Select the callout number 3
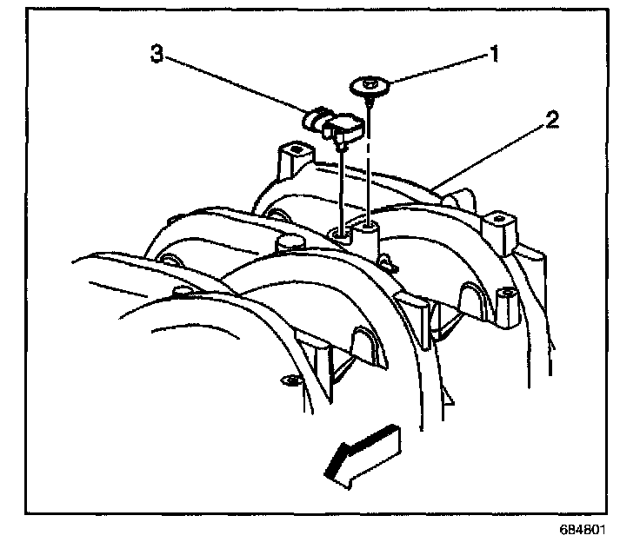157,54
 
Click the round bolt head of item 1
371,87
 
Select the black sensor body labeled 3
343,127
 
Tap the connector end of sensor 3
313,119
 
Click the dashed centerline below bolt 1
371,165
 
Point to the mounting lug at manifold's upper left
294,158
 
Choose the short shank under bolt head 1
371,102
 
